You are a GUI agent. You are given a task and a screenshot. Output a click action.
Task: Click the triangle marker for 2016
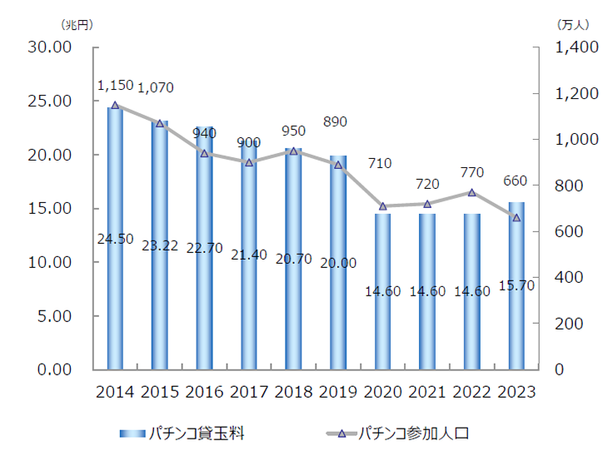pyautogui.click(x=204, y=153)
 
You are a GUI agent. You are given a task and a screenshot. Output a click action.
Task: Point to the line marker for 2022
pyautogui.click(x=471, y=192)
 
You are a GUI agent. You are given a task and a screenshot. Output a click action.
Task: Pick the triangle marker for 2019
pyautogui.click(x=338, y=165)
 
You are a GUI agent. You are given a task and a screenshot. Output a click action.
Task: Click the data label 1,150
pyautogui.click(x=115, y=86)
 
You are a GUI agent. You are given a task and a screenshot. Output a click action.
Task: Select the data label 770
pyautogui.click(x=471, y=173)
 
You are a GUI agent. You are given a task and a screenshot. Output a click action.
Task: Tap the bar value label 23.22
pyautogui.click(x=160, y=247)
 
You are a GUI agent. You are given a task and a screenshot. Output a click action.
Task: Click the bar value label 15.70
pyautogui.click(x=516, y=285)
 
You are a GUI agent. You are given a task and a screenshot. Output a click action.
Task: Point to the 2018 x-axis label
pyautogui.click(x=293, y=392)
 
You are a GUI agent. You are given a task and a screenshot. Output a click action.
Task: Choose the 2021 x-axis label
pyautogui.click(x=426, y=392)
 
